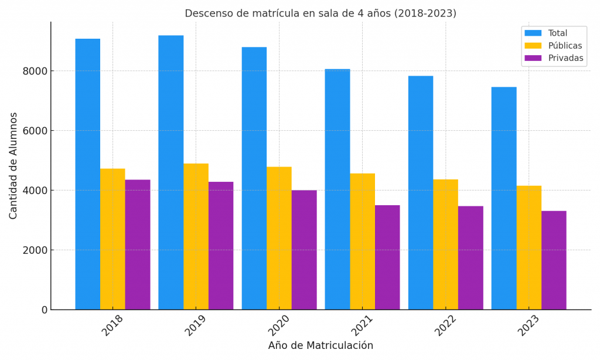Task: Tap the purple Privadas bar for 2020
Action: pyautogui.click(x=304, y=250)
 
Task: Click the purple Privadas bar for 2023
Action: pyautogui.click(x=554, y=260)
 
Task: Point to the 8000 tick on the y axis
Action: pyautogui.click(x=36, y=72)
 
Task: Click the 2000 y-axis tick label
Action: pyautogui.click(x=36, y=250)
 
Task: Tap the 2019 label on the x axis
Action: pyautogui.click(x=195, y=325)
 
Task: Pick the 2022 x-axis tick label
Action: pyautogui.click(x=445, y=325)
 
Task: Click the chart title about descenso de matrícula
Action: pyautogui.click(x=321, y=13)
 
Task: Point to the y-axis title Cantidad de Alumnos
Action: pyautogui.click(x=13, y=165)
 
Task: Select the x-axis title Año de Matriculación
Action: pyautogui.click(x=321, y=346)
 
